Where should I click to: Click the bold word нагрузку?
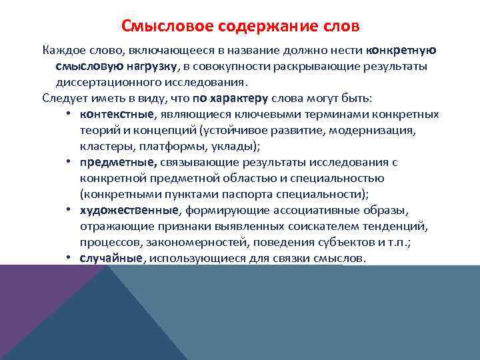(149, 67)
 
